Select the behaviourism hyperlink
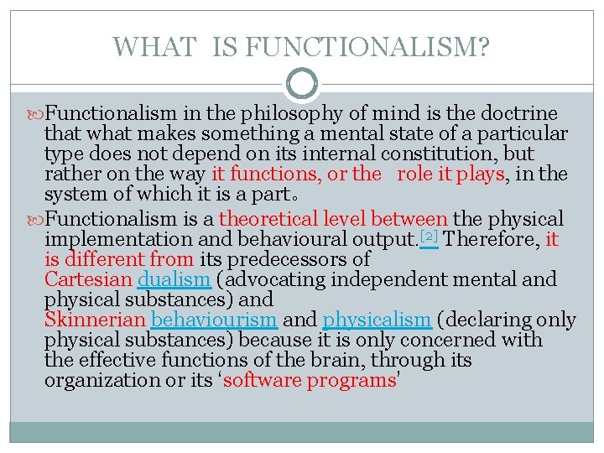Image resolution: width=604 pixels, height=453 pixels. [215, 320]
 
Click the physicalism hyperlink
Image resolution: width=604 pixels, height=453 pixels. [377, 320]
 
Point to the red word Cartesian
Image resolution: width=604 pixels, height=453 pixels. [88, 279]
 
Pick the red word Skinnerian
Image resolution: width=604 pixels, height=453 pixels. [95, 320]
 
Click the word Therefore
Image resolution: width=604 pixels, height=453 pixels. [492, 239]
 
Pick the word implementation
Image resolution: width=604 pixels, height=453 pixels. [118, 239]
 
